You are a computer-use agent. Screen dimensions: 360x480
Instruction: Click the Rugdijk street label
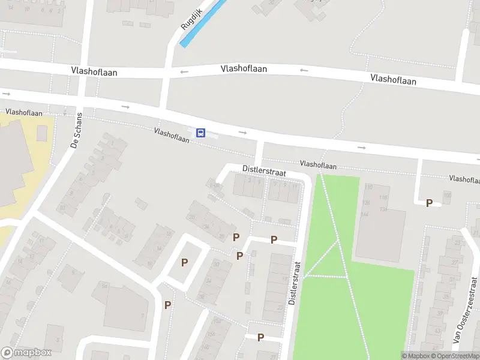pos(193,19)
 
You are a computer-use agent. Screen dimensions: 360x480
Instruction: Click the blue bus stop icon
pos(201,133)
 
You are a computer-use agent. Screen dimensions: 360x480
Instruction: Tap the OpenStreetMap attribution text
pos(458,356)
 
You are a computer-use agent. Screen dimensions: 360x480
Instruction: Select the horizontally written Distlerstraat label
pos(264,171)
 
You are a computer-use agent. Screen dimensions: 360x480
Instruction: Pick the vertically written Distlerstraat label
pos(292,283)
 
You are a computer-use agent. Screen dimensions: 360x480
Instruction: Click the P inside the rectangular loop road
pos(184,262)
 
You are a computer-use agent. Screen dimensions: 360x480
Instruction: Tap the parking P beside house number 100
pos(429,203)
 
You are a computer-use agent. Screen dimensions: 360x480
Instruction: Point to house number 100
pos(446,195)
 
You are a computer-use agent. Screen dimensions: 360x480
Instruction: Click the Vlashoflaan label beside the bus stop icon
pos(171,135)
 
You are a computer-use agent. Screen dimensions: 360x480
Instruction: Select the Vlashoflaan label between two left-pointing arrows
pos(244,69)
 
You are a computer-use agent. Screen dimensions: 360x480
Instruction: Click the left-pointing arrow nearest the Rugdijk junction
pos(184,72)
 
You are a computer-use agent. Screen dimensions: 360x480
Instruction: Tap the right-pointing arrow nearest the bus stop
pos(242,132)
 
